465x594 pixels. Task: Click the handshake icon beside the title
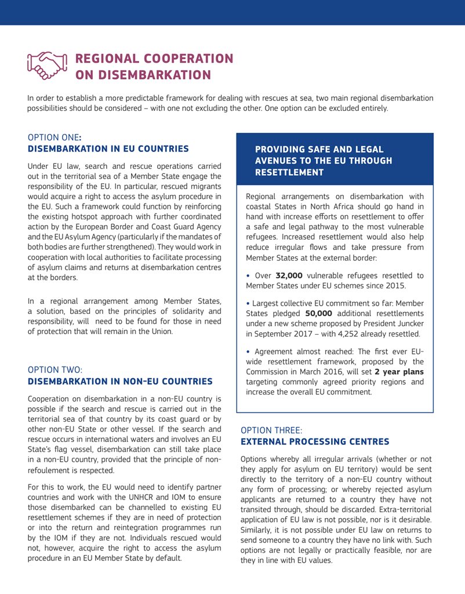(48, 66)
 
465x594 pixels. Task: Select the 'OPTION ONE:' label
(54, 137)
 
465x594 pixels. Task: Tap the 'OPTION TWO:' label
(55, 370)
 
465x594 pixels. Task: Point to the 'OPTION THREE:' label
(271, 430)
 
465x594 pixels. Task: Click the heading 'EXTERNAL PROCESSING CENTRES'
(314, 442)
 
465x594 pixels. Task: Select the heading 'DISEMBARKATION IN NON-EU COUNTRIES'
(120, 381)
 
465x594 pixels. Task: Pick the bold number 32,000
(289, 276)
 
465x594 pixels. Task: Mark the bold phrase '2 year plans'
(399, 371)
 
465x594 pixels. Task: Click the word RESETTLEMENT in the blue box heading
(289, 172)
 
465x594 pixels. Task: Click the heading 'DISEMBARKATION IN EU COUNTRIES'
(108, 149)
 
